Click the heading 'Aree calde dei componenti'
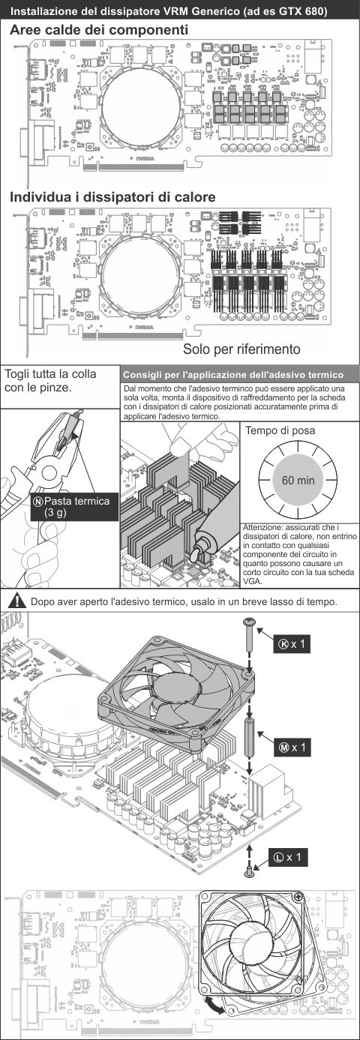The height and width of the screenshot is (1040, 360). [99, 30]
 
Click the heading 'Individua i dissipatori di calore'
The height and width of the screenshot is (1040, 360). [112, 197]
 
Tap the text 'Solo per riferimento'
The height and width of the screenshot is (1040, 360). [241, 349]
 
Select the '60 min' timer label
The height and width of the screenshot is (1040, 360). [298, 480]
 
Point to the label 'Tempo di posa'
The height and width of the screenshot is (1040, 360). [280, 430]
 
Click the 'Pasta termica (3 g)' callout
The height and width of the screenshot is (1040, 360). [74, 507]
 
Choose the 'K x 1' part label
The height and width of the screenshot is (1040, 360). [292, 644]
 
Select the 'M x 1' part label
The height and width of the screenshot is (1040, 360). [292, 748]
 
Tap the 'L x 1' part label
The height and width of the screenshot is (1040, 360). [287, 856]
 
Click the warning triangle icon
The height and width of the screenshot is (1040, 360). [18, 601]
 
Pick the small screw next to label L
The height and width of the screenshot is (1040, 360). [250, 871]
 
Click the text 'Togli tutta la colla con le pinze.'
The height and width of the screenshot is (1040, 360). [50, 380]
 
